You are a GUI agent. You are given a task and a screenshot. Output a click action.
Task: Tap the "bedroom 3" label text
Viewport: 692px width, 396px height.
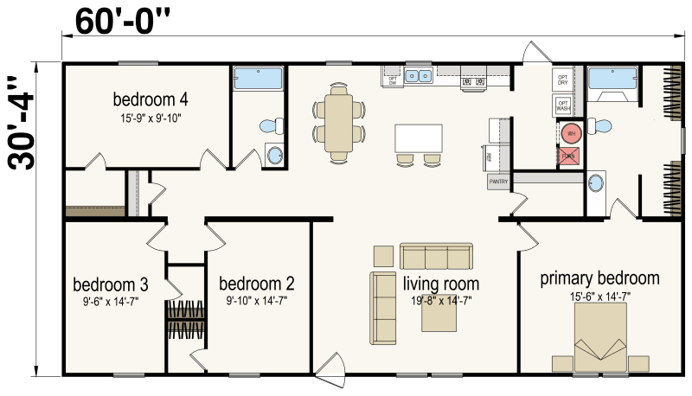tap(111, 284)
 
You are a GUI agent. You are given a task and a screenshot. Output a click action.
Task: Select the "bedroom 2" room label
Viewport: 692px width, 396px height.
tap(256, 284)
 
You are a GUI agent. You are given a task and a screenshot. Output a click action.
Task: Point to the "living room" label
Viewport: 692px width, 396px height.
tap(441, 284)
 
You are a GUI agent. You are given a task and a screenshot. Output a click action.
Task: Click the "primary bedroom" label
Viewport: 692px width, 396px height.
tap(599, 278)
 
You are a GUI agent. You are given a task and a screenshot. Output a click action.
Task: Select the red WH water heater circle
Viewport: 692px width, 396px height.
tap(569, 134)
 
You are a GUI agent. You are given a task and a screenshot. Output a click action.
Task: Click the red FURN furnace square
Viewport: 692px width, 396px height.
tap(568, 156)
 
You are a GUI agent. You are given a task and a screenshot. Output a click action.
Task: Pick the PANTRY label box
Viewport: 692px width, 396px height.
tap(498, 182)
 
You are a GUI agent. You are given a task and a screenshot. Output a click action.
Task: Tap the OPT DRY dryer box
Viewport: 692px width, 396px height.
tap(563, 80)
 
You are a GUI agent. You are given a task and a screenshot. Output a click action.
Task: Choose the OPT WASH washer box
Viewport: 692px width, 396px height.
tap(563, 105)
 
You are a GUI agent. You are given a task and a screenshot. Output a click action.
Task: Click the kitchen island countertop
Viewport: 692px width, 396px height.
tap(419, 138)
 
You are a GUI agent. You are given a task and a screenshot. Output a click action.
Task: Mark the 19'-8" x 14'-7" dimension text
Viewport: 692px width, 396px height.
tap(440, 300)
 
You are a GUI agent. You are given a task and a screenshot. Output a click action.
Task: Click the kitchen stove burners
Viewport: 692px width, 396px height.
tap(474, 80)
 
